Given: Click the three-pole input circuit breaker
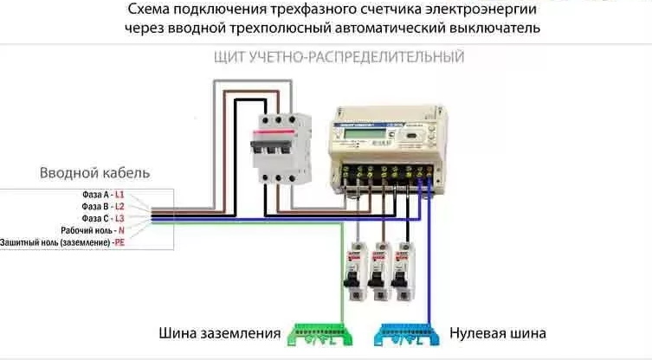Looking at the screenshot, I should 280,149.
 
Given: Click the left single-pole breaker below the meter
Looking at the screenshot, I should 355,269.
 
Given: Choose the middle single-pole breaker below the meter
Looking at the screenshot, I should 378,269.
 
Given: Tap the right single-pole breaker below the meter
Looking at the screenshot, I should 400,269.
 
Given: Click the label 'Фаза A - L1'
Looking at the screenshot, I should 102,196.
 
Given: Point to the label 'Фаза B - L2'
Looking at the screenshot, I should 102,207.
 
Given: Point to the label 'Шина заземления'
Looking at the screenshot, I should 220,333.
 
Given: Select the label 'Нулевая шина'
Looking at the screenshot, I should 497,333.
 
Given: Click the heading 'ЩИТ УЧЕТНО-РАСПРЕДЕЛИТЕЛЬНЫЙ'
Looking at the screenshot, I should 339,57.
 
